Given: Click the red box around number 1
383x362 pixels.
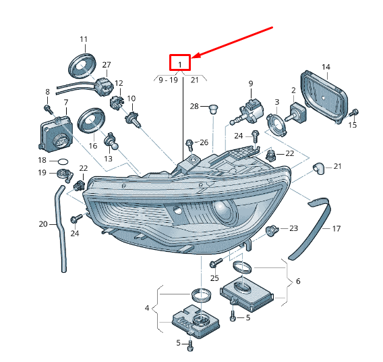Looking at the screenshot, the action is click(180, 55).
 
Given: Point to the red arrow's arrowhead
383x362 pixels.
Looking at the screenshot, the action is click(196, 55).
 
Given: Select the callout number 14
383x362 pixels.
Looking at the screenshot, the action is click(326, 67).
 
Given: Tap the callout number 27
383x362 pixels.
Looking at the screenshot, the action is click(107, 65).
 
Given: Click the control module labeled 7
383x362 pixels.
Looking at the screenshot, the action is click(56, 133).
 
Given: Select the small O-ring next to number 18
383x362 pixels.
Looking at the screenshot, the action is click(63, 161).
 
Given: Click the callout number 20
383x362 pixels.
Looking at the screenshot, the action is click(43, 224).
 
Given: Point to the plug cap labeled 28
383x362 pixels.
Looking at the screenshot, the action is click(214, 109).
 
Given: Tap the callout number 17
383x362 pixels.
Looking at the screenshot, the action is click(336, 229).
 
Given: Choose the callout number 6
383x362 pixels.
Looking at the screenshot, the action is click(298, 281).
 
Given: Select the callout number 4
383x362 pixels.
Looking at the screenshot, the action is click(147, 308).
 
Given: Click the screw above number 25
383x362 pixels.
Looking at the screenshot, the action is click(216, 263).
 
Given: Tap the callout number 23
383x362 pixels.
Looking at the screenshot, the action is click(293, 228).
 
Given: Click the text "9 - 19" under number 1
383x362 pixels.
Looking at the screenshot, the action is click(169, 80).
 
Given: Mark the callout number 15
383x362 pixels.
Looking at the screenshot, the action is click(353, 125).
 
